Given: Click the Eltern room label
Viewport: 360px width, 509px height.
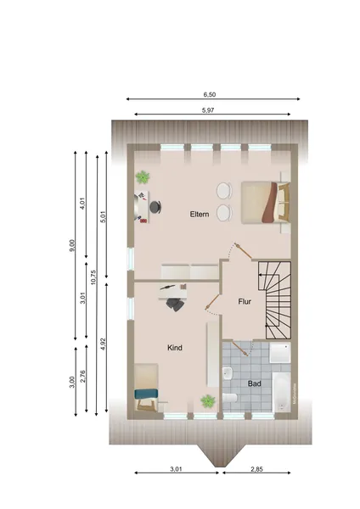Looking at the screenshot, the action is click(200, 215).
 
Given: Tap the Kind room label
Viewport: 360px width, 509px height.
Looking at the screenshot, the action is click(174, 348).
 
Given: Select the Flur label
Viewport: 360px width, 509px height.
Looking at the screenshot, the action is click(245, 301).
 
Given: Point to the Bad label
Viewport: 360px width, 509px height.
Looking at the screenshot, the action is click(254, 383).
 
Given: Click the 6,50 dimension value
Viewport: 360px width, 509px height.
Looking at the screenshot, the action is click(209, 94).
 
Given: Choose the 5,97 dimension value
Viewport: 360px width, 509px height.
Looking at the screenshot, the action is click(208, 110).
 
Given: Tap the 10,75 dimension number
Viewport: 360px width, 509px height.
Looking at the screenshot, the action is click(93, 277).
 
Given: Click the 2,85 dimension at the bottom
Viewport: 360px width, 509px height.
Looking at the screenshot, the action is click(256, 469).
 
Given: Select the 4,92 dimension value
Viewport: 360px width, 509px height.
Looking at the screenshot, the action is click(103, 344).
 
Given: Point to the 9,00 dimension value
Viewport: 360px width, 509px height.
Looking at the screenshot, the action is click(72, 245).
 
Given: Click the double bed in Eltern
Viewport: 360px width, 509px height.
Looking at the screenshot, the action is click(265, 203).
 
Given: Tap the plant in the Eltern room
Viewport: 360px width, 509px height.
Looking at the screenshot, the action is click(143, 177).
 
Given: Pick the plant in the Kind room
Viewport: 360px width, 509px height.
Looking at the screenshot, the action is click(208, 401).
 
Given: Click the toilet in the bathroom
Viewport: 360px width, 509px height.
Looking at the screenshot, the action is click(230, 398).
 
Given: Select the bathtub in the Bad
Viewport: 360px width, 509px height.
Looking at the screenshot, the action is click(281, 392).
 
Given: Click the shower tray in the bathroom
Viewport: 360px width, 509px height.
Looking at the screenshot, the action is click(279, 353).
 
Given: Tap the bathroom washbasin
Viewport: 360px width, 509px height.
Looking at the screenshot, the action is click(227, 373).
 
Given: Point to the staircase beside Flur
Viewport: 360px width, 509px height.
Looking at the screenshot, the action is click(274, 300).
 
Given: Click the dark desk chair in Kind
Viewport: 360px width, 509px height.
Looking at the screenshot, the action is click(176, 305).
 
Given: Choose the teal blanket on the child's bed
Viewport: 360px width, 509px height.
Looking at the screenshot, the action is click(146, 394).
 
